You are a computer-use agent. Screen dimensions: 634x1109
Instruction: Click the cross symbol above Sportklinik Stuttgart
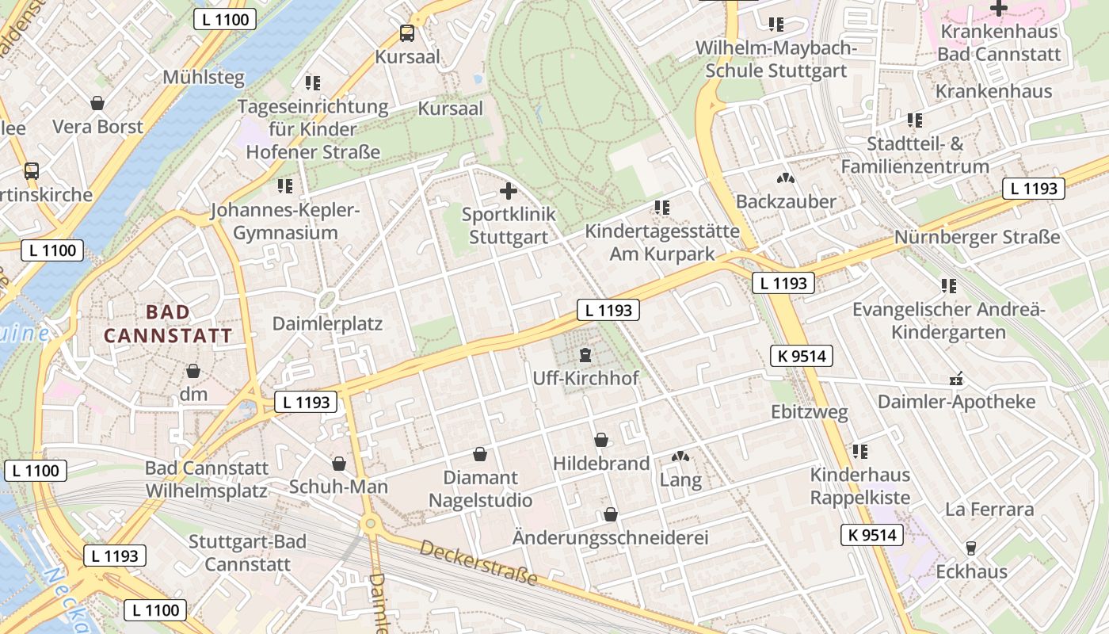pos(509,191)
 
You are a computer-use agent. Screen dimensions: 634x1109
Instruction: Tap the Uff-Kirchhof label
pos(585,378)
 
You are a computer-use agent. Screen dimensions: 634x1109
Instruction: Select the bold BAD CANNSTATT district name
pos(168,323)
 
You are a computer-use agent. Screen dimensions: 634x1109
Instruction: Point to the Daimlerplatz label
pos(327,323)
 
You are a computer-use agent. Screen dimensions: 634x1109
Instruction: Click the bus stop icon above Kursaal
pos(407,33)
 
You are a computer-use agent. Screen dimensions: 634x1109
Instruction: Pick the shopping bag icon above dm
pos(192,371)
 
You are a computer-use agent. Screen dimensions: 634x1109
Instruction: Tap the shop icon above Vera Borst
pos(97,103)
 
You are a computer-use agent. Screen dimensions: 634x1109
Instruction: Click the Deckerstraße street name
pos(478,563)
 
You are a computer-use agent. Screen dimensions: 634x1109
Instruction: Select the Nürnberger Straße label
pos(977,237)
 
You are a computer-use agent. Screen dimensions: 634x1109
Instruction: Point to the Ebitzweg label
pos(810,412)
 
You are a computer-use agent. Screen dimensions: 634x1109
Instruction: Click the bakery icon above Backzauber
pos(785,179)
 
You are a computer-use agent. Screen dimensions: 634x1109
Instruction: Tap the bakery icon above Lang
pos(680,456)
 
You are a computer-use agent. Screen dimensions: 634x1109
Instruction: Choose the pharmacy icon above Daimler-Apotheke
pos(956,379)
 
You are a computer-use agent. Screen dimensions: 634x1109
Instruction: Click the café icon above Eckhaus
pos(970,548)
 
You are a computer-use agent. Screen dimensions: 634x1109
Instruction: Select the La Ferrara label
pos(989,509)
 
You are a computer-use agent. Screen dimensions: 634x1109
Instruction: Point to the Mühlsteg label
pos(204,77)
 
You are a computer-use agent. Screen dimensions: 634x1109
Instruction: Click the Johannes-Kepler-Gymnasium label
pos(285,222)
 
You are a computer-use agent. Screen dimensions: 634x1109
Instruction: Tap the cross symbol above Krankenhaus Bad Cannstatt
pos(999,9)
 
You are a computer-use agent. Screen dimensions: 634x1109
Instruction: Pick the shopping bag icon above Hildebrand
pos(601,440)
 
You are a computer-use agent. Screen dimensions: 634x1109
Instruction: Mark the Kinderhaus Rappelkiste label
pos(859,487)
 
